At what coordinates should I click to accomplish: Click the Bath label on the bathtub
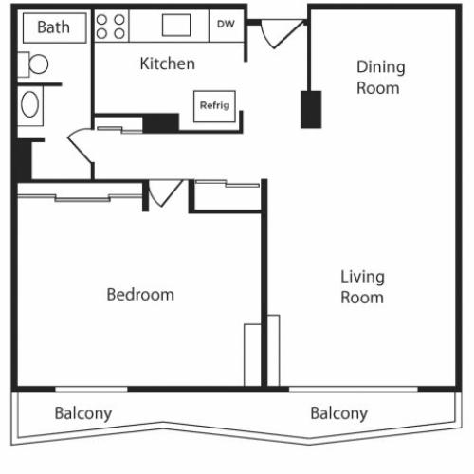click(52, 27)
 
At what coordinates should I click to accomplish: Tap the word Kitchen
click(168, 64)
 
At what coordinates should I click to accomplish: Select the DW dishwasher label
click(226, 25)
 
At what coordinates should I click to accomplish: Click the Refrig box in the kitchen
click(214, 105)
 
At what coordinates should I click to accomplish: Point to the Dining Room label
click(380, 78)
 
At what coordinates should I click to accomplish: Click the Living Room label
click(362, 286)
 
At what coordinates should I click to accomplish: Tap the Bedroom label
click(140, 295)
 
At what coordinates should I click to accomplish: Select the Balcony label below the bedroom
click(83, 413)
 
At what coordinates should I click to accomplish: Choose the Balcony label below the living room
click(338, 413)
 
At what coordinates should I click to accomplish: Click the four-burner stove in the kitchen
click(111, 26)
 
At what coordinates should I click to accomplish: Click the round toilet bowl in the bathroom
click(37, 64)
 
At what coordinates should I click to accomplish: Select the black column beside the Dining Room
click(310, 109)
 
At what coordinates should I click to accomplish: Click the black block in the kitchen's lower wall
click(161, 122)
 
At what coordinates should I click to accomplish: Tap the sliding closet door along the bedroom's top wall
click(81, 196)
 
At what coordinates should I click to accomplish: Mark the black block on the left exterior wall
click(24, 158)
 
